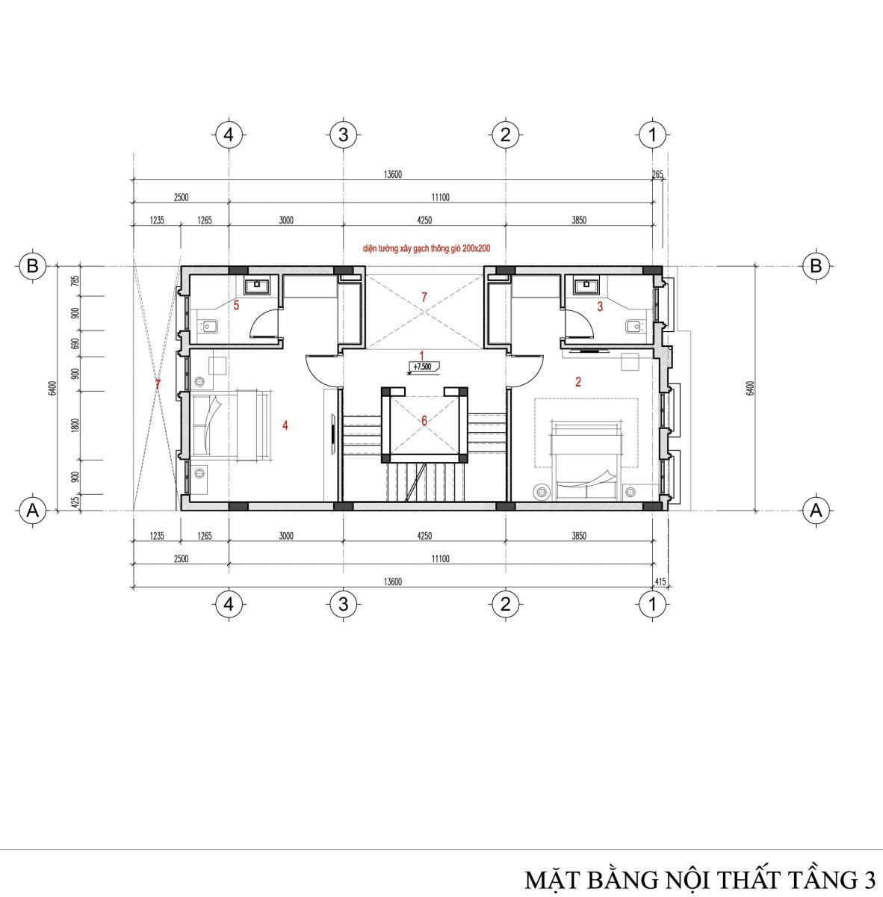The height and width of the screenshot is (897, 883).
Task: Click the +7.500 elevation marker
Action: (423, 367)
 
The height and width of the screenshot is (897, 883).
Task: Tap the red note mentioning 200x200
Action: (426, 249)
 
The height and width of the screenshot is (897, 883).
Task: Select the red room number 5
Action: (236, 306)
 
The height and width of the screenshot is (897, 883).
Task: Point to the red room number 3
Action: (600, 306)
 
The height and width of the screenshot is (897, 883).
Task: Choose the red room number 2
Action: (577, 382)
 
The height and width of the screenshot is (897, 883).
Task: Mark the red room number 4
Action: (285, 425)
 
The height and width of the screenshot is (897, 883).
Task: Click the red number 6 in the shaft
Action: (424, 421)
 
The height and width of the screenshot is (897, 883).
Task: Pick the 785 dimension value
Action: (76, 281)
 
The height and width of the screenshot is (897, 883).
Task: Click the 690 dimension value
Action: (76, 344)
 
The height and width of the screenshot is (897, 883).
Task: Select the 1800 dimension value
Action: (76, 425)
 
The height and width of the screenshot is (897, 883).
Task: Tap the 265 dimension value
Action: (657, 175)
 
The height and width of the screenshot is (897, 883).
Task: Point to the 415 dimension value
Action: (660, 582)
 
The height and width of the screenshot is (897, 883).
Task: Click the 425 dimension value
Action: (76, 502)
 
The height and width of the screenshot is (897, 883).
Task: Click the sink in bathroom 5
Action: (257, 285)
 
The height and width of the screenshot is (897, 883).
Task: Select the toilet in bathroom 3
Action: (633, 327)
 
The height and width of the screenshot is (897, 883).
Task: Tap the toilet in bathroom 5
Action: (209, 327)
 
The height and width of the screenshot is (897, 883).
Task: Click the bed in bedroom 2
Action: (586, 460)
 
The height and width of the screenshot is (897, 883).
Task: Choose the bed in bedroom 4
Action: (231, 425)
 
